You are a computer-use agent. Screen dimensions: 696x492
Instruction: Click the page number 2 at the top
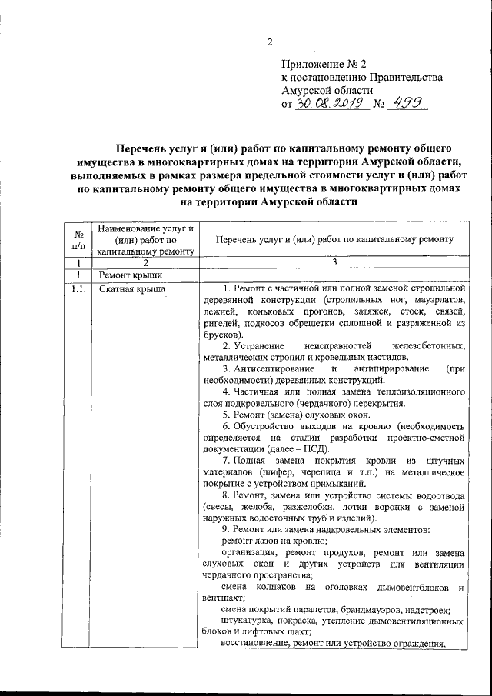[x=269, y=42]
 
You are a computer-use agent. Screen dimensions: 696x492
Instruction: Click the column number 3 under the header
[x=334, y=262]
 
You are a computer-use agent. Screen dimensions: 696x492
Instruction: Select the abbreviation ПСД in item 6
[x=312, y=448]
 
